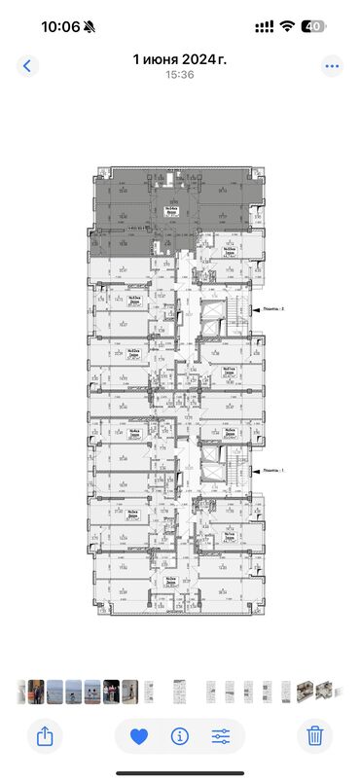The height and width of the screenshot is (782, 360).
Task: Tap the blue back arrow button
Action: click(27, 66)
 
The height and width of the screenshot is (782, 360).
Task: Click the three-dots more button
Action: click(333, 66)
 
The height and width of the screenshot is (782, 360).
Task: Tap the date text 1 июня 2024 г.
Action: click(180, 59)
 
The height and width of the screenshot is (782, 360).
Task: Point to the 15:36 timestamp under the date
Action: click(180, 74)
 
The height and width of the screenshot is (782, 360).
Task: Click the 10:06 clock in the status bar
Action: click(60, 26)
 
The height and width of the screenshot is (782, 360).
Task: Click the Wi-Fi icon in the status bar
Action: click(287, 26)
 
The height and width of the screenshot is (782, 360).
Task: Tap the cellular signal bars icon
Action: click(263, 26)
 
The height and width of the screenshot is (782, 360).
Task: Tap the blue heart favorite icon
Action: click(138, 736)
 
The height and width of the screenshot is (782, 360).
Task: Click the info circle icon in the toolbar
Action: click(179, 736)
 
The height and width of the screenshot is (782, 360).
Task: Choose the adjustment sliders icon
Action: click(220, 736)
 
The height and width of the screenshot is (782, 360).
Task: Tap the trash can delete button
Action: click(314, 736)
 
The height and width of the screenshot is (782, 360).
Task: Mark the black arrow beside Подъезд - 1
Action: click(254, 469)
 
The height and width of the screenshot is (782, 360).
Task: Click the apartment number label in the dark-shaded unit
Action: click(171, 209)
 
